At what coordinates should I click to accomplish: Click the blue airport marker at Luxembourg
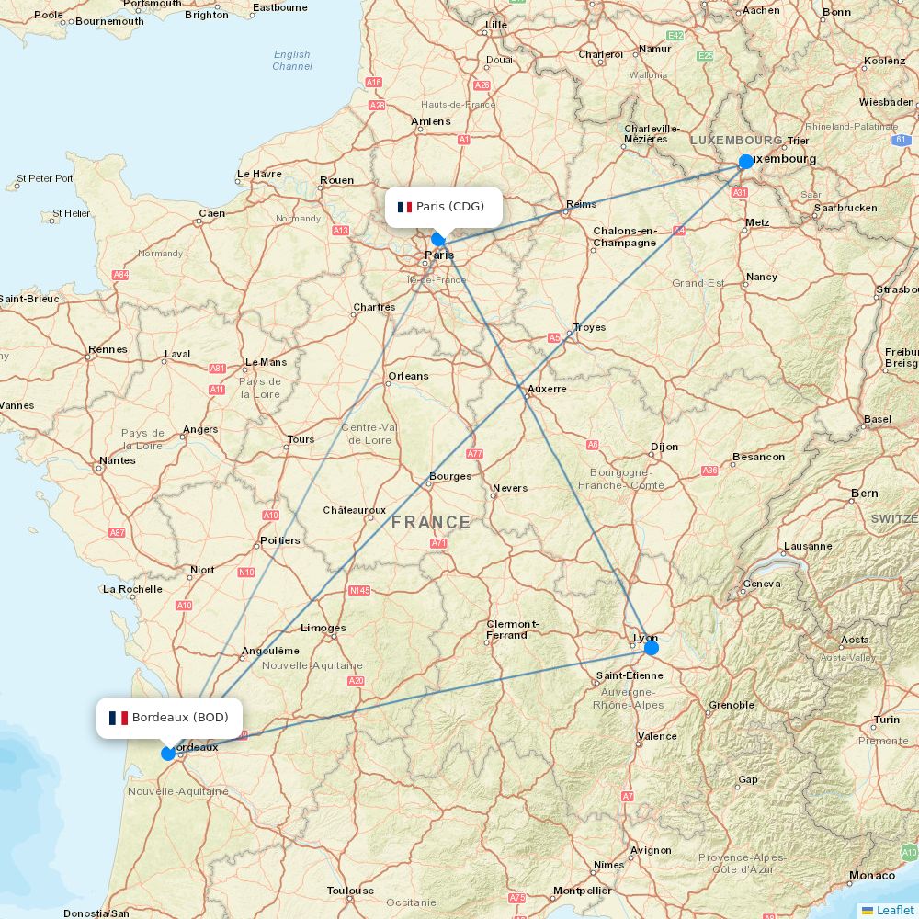pos(746,162)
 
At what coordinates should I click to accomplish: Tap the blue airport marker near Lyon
pos(652,648)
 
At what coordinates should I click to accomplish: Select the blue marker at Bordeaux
pos(168,754)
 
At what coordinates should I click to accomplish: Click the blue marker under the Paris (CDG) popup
pos(438,239)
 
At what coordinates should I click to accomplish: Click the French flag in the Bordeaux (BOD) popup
pos(119,718)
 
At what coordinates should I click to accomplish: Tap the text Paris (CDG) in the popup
pos(450,207)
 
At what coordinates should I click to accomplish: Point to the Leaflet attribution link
pos(894,910)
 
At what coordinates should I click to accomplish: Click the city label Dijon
pos(664,448)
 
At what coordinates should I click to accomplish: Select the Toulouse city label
pos(350,891)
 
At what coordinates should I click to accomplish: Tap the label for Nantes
pos(118,460)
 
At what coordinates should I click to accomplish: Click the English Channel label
pos(292,61)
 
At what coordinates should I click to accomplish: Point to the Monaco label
pos(872,876)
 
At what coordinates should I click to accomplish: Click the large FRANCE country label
pos(431,523)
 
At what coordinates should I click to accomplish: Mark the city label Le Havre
pos(259,174)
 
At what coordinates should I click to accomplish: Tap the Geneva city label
pos(761,584)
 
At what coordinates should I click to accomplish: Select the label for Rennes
pos(108,350)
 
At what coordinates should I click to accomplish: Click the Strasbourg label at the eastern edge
pos(898,289)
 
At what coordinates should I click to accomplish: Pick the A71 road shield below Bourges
pos(438,543)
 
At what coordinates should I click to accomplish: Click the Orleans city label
pos(408,376)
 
